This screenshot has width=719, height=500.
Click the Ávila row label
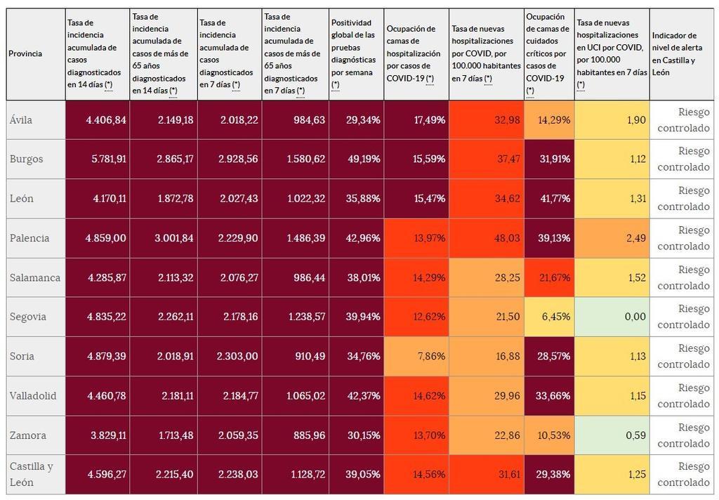[x=21, y=120]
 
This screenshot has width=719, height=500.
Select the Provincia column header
[x=25, y=54]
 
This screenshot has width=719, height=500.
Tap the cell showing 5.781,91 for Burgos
[x=106, y=159]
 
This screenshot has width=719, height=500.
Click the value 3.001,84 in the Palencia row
[x=173, y=238]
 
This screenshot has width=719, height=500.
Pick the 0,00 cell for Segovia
[x=635, y=317]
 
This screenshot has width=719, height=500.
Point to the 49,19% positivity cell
[x=363, y=159]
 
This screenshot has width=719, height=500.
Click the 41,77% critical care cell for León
[x=554, y=199]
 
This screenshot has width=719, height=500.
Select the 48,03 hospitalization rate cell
[x=506, y=238]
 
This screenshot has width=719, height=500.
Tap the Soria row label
[x=20, y=356]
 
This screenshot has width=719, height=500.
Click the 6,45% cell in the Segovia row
[x=554, y=317]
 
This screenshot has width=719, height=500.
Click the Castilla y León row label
[x=32, y=475]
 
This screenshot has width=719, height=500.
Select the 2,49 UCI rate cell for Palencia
[x=635, y=238]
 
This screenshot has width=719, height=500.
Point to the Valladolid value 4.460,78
[x=106, y=396]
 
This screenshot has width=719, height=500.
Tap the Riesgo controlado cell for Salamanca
[x=683, y=277]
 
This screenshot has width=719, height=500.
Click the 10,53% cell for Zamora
[x=554, y=435]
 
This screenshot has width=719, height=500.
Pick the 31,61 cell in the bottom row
[x=506, y=475]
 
